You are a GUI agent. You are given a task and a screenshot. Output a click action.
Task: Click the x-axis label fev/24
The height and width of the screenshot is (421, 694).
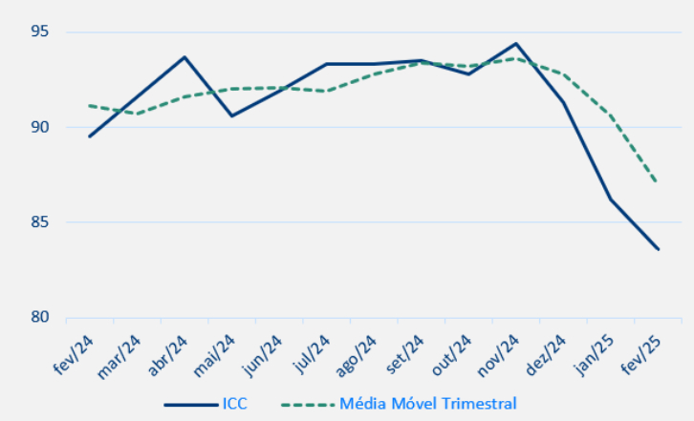(73, 355)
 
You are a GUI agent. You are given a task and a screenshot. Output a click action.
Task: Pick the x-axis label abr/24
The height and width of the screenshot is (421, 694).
(166, 355)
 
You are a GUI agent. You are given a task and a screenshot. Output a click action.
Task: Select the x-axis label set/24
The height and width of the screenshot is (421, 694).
(402, 355)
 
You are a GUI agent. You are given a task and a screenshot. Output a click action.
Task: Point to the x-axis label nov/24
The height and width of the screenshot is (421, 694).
(497, 355)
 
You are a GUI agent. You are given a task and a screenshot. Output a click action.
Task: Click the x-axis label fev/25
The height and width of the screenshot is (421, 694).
(639, 355)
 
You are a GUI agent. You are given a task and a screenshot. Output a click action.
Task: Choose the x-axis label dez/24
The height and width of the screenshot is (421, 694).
(544, 355)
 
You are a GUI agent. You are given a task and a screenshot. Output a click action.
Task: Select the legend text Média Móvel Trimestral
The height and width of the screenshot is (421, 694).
(428, 404)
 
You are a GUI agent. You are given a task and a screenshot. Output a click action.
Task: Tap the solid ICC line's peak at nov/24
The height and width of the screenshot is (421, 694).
(516, 44)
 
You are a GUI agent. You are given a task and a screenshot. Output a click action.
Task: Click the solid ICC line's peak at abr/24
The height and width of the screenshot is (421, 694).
(184, 57)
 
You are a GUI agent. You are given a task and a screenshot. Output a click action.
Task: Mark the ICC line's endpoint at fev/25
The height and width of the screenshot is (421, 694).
(658, 249)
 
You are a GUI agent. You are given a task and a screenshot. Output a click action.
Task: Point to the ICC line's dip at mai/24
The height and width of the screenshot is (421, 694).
(231, 116)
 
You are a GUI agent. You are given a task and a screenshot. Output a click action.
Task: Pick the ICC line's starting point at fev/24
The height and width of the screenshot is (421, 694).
(90, 137)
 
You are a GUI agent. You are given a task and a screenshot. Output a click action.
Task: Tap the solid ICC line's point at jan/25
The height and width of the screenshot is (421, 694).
(611, 200)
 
